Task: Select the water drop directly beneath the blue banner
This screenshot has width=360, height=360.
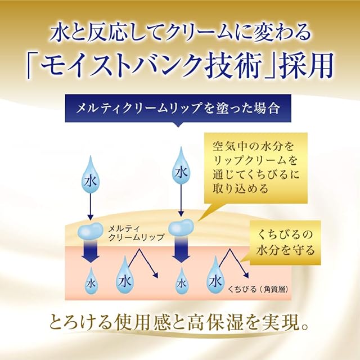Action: [x=181, y=168]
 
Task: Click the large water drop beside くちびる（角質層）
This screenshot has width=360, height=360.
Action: [x=215, y=278]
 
